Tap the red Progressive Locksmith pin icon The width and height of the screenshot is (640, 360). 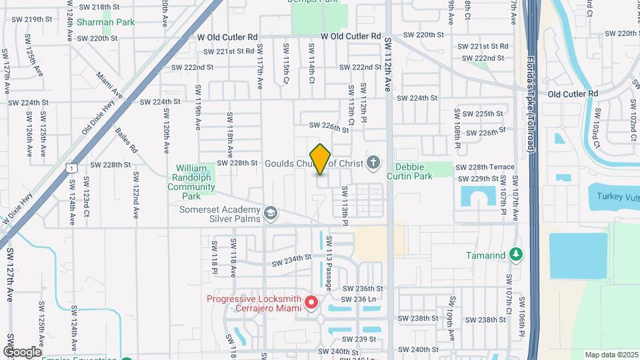tap(311, 303)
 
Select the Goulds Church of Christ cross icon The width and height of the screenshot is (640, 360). tap(373, 163)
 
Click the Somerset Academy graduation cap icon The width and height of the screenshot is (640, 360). tap(270, 213)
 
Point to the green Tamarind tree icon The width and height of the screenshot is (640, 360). tap(514, 254)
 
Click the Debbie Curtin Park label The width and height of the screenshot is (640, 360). tap(413, 171)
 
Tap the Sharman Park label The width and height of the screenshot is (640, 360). tap(105, 22)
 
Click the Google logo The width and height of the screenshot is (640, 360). tap(22, 351)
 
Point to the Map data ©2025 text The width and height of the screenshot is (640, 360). tap(611, 355)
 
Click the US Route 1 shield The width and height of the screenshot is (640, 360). tap(71, 168)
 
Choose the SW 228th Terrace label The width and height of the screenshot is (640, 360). tap(485, 167)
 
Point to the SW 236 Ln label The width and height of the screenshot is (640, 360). tap(362, 299)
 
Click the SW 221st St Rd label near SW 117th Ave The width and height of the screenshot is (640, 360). tap(229, 51)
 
